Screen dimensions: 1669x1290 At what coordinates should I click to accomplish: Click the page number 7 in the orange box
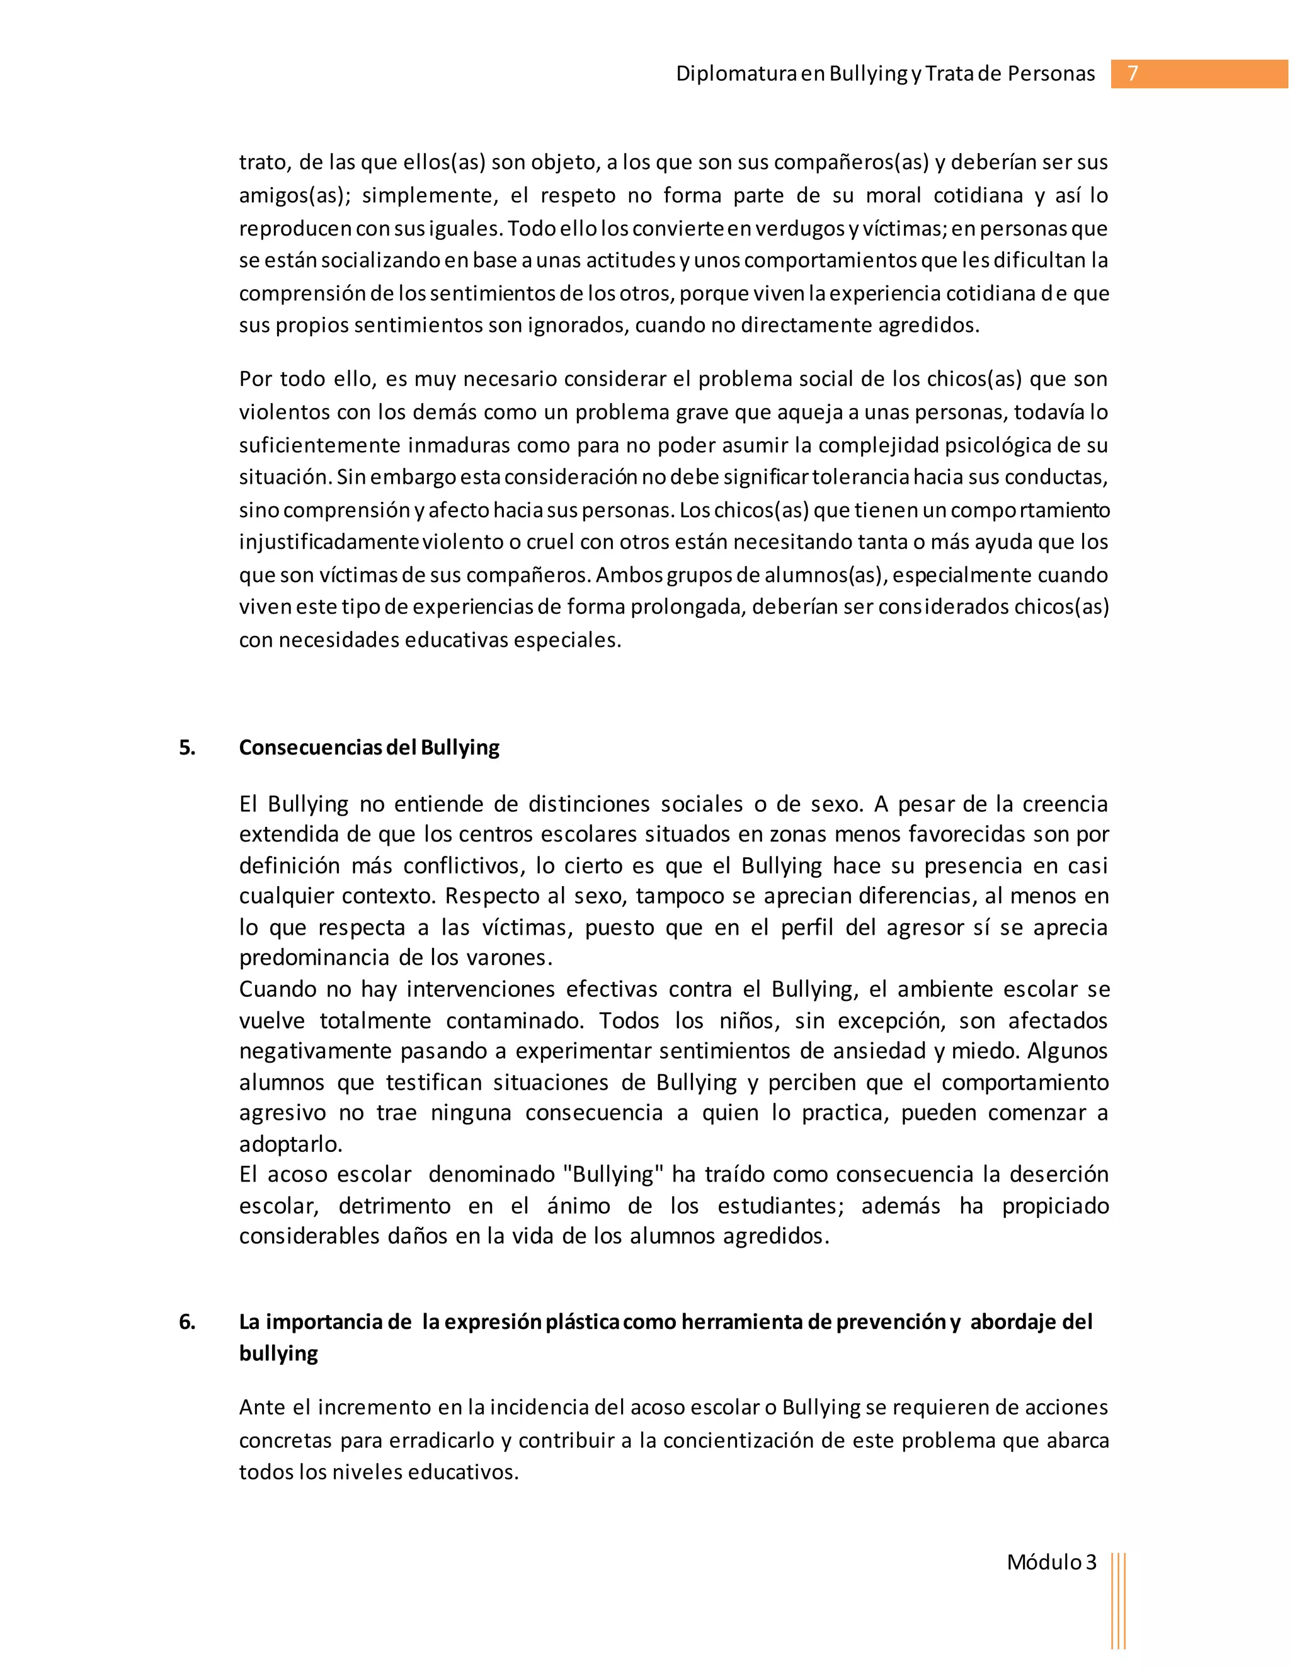(1133, 73)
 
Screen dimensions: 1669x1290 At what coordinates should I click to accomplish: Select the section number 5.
(187, 748)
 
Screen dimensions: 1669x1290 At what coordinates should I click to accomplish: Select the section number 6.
(187, 1321)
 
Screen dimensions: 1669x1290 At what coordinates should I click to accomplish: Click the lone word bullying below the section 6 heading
(278, 1353)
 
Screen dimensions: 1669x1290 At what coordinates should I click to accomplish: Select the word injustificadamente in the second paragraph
(329, 542)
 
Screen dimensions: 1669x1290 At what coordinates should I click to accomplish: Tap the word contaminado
(515, 1020)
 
